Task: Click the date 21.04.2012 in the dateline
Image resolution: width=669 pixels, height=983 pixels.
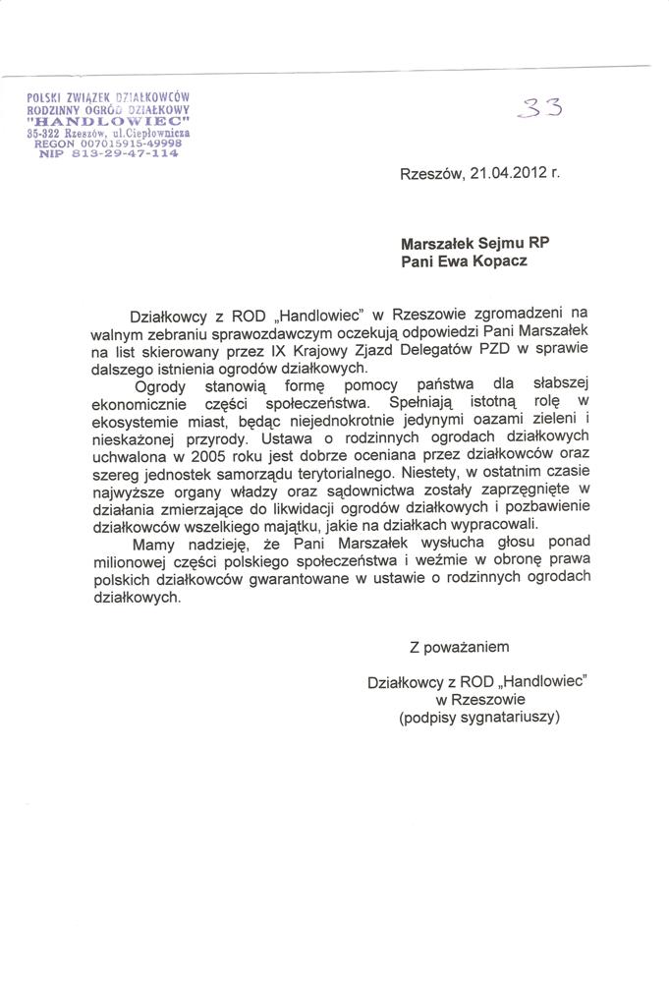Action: pos(506,174)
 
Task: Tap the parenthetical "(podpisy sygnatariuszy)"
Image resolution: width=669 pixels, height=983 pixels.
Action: pos(478,719)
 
